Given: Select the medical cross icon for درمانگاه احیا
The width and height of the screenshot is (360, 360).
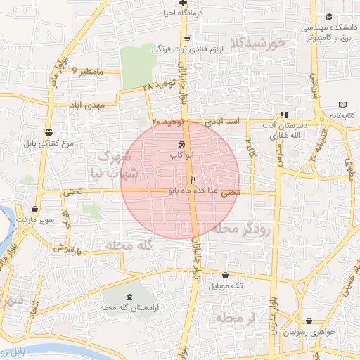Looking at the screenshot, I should pos(183,4).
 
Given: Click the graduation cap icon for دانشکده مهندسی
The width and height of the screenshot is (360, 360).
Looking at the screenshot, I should pos(328,18).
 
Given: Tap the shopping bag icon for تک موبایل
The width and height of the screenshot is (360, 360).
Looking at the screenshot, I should pos(225,276).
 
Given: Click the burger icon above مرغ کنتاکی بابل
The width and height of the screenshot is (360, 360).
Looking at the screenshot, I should pos(48,132).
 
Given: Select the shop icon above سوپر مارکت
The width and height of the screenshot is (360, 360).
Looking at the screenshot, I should pos(34,209).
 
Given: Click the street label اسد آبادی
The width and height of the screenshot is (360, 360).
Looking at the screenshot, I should pos(225,122).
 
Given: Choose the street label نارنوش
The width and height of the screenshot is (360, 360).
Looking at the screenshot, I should pos(70,248).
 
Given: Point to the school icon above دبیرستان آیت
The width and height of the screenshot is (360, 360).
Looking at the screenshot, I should pos(284,115).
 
